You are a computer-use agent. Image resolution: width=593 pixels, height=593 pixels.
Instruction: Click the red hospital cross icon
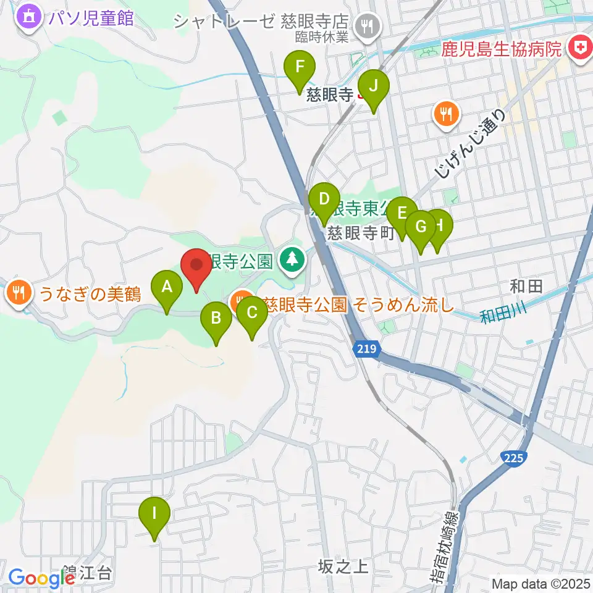[579, 47]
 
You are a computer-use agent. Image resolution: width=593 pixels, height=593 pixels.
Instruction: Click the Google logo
[41, 578]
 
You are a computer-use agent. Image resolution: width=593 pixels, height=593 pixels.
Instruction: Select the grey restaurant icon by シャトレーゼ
[368, 25]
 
